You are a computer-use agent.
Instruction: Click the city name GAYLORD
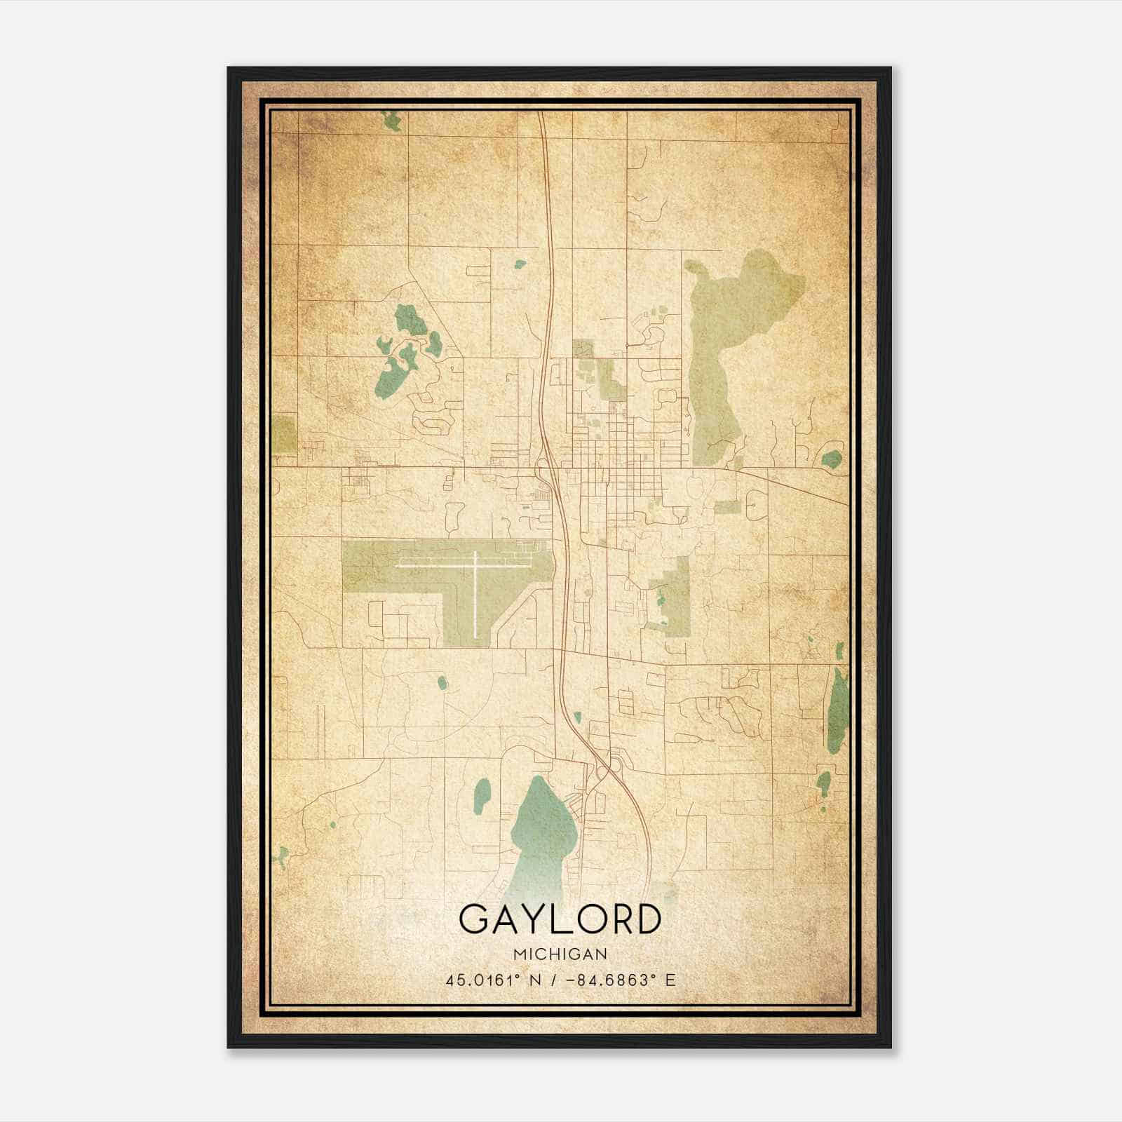560,919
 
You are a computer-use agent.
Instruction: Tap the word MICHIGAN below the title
560,954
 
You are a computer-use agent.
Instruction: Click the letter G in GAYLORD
475,919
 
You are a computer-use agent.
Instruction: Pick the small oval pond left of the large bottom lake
482,796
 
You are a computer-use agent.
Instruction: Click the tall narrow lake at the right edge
838,712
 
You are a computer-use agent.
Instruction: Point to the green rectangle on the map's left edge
284,433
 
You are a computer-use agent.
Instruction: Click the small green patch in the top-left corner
391,121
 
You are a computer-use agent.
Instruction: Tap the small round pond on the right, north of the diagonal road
832,459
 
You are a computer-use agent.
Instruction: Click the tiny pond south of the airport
442,682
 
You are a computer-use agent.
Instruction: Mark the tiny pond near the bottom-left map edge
283,856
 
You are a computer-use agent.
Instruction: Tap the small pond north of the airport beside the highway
520,264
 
